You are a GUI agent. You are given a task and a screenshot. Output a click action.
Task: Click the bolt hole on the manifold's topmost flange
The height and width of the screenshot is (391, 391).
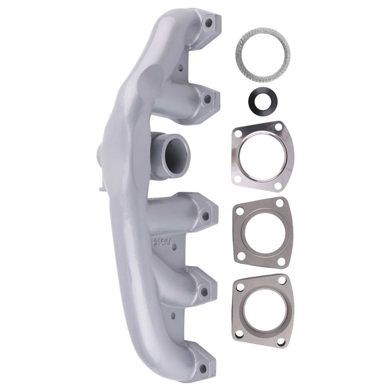[207, 22]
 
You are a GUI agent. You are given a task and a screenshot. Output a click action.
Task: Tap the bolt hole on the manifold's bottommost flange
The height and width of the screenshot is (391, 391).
[203, 367]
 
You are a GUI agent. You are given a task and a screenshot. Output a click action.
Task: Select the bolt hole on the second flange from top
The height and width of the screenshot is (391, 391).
[207, 98]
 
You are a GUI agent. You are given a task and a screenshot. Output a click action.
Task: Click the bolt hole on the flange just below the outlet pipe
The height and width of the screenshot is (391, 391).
[204, 214]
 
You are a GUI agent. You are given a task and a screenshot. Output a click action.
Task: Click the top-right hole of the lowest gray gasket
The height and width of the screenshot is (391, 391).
[282, 280]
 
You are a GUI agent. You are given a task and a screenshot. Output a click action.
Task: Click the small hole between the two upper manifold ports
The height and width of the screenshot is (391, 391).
[180, 68]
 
